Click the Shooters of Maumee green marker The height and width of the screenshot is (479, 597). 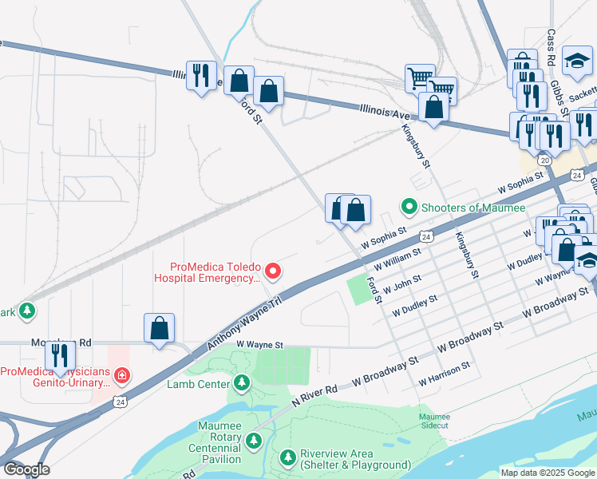pyautogui.click(x=409, y=208)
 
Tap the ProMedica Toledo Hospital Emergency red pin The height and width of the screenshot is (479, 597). pyautogui.click(x=273, y=272)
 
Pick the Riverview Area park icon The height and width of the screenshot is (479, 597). pyautogui.click(x=288, y=458)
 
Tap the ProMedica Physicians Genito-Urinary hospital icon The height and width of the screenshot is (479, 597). pyautogui.click(x=121, y=374)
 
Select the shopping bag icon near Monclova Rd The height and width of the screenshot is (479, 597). pyautogui.click(x=160, y=328)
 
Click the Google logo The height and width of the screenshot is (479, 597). pyautogui.click(x=26, y=469)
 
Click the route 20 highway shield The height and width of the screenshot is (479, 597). pyautogui.click(x=544, y=160)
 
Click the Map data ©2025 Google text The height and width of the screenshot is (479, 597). pyautogui.click(x=547, y=472)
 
